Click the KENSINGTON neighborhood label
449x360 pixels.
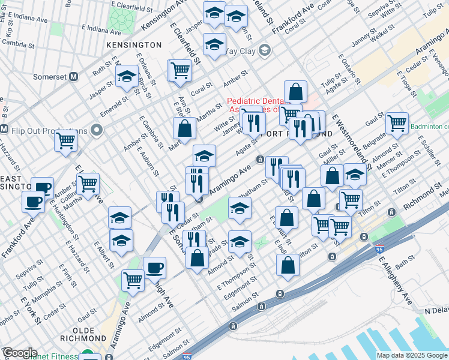click(x=133, y=45)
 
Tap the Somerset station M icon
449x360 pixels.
click(x=74, y=77)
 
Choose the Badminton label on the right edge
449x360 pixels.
click(x=429, y=127)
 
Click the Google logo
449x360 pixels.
click(x=19, y=353)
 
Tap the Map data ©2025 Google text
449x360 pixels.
click(x=411, y=355)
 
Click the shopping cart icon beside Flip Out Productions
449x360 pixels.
click(x=65, y=142)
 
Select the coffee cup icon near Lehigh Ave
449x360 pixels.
click(x=154, y=267)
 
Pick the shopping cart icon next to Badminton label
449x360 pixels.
click(x=397, y=123)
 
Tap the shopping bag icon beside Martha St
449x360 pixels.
click(x=185, y=128)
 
